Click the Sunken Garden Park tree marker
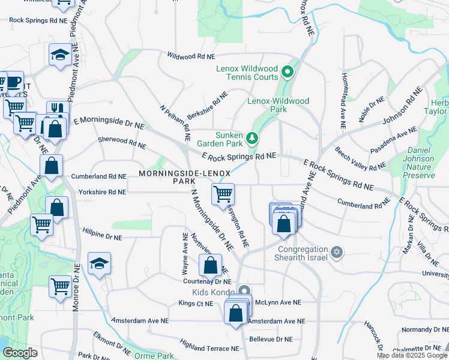[253, 139]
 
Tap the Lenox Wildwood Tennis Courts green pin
[287, 73]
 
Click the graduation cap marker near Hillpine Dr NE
[99, 263]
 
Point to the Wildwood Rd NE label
[191, 56]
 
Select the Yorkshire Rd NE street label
[102, 192]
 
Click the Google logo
[20, 353]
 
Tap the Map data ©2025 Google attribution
[412, 355]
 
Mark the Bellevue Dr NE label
[271, 339]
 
